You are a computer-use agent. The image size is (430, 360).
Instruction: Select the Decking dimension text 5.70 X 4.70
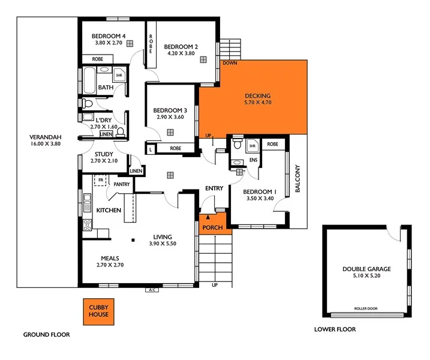point(258,103)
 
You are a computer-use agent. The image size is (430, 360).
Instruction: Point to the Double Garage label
point(366,269)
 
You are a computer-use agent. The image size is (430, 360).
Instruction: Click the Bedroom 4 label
point(108,36)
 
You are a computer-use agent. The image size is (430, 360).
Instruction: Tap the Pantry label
point(122,185)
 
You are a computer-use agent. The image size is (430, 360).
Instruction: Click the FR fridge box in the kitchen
point(101,180)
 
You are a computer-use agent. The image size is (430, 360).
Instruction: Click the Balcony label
point(297,179)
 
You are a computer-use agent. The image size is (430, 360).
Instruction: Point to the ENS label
point(253,160)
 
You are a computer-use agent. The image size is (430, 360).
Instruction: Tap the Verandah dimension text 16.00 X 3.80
point(46,144)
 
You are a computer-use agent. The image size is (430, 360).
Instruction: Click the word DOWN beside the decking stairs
point(229,62)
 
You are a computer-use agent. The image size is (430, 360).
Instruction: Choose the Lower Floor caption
point(335,329)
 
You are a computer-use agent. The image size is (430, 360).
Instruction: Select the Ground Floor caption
point(46,334)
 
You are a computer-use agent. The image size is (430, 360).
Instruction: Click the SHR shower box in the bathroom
point(119,76)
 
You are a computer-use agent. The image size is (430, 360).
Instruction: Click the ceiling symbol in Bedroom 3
point(171,132)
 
